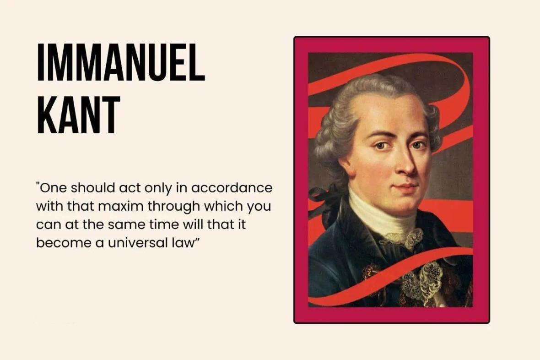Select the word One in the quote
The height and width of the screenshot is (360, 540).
tap(52, 188)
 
